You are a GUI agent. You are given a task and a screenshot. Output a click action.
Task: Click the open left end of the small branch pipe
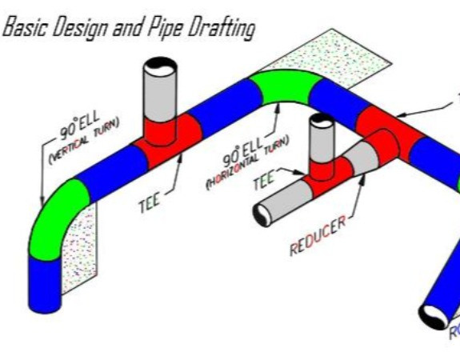262,215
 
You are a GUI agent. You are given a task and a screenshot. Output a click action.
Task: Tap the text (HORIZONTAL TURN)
249,161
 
